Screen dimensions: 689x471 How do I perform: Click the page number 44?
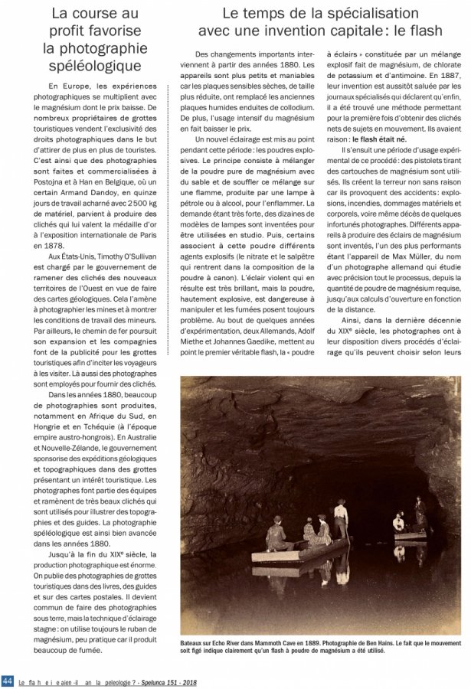8,681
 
